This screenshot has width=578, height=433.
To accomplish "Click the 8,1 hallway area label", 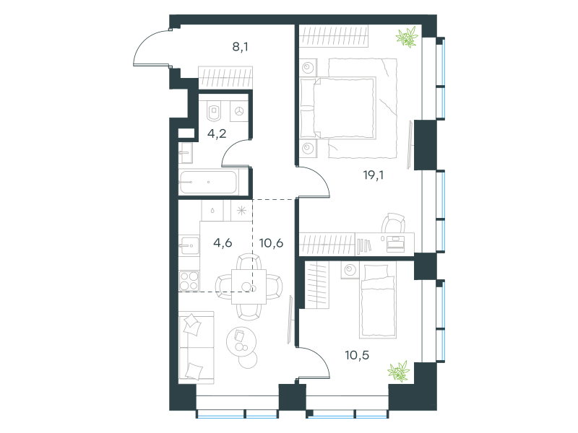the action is coord(240,47).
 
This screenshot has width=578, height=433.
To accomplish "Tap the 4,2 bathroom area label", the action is coord(217,134).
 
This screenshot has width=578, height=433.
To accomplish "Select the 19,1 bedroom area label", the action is coord(373,175).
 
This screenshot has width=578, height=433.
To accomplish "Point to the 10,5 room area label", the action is coord(357,355).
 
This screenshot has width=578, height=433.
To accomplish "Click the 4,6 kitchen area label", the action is coord(223,242).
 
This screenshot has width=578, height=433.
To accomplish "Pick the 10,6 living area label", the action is coord(272,242).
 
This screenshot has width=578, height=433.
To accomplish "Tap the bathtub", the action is coord(208,183).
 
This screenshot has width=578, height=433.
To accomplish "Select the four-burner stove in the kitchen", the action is coord(189,281).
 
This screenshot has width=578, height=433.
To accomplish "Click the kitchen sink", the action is coord(189,245).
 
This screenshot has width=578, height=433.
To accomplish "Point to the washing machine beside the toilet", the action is coord(239,111).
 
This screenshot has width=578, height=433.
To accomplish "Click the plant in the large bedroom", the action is coord(407,37).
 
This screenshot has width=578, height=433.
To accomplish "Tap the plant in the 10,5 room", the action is coord(399,371).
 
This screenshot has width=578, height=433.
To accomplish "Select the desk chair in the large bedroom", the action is coord(393,222).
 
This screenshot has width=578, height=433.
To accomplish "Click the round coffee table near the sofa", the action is coord(241,341).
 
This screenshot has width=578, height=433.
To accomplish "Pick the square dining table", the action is coord(249,287).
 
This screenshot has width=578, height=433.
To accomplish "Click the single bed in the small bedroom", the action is coord(378,301).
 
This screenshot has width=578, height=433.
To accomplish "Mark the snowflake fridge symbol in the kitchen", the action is coord(241,211).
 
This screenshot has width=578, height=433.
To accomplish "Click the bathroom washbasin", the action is coord(186,153).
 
